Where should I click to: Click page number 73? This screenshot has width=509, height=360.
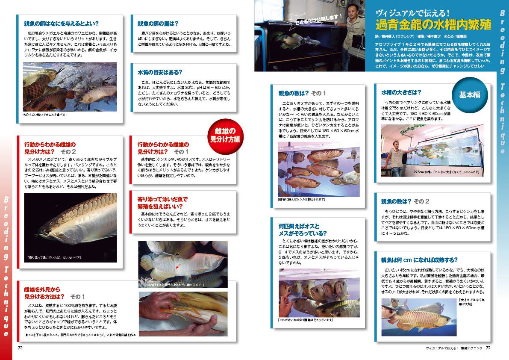click(x=20, y=348)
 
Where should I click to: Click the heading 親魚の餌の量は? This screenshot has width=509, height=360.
click(x=158, y=24)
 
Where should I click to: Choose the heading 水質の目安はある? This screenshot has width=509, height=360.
click(x=160, y=72)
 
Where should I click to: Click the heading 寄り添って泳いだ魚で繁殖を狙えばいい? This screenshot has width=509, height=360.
click(x=162, y=203)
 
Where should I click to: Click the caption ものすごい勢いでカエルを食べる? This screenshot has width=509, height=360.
click(x=45, y=115)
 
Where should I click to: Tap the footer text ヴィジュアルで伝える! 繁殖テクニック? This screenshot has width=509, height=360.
click(x=454, y=348)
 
